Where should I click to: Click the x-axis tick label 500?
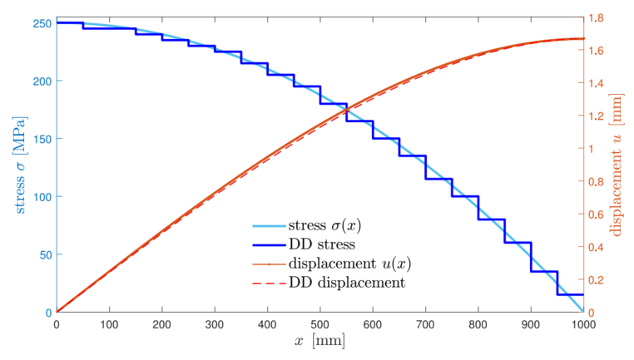[319, 324]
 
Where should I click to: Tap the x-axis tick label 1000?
[582, 324]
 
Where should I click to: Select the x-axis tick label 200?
[161, 324]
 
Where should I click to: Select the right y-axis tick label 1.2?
[599, 116]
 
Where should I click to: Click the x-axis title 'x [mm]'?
[319, 341]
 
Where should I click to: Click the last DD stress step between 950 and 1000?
[570, 294]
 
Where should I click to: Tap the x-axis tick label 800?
[478, 324]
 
